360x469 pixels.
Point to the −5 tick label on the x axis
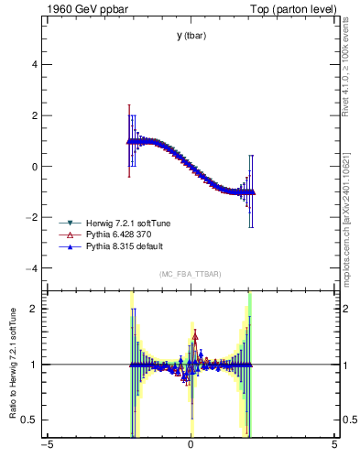click(46, 446)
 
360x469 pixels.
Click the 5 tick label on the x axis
click(334, 446)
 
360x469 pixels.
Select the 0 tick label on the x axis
click(190, 446)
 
